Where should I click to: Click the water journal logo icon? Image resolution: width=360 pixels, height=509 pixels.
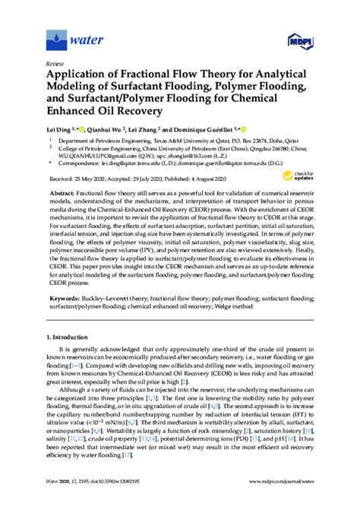[57, 37]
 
